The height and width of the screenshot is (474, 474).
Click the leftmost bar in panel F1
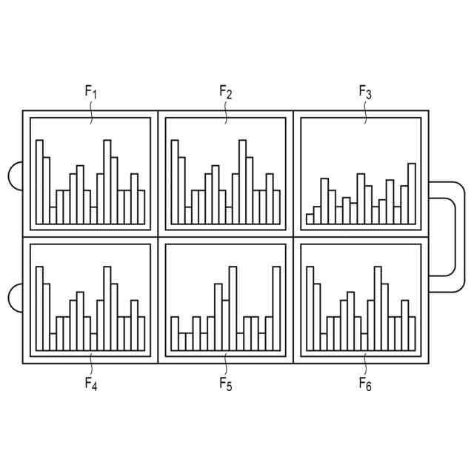point(39,181)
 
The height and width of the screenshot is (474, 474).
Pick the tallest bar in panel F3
point(412,193)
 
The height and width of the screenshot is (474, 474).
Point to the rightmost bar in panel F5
point(277,308)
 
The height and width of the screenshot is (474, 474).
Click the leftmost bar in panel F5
point(175,333)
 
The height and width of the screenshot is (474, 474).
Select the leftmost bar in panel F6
point(310,308)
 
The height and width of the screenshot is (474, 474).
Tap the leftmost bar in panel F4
point(39,308)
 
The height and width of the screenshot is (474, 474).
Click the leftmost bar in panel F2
point(175,181)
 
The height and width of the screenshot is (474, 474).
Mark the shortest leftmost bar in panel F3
point(310,219)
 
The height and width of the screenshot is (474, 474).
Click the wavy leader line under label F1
point(91,112)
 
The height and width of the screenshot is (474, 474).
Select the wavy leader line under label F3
point(365,112)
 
